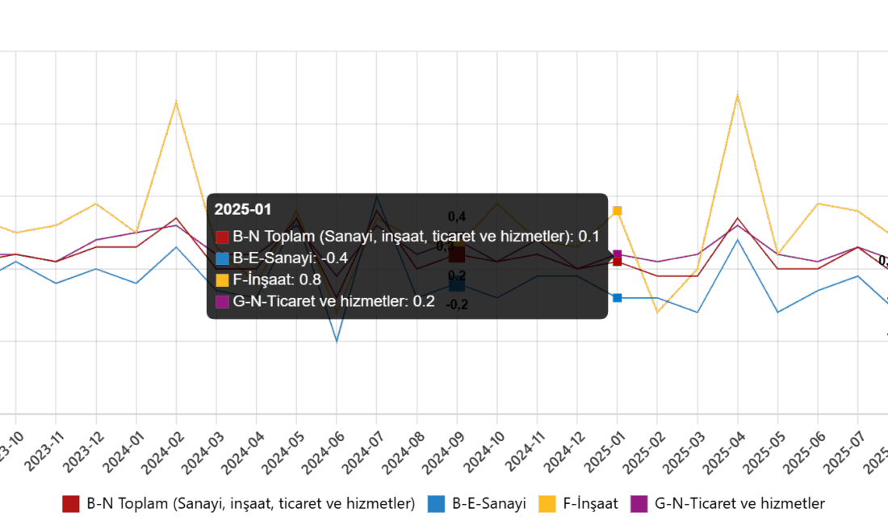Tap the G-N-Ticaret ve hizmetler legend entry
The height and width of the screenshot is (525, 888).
pyautogui.click(x=729, y=503)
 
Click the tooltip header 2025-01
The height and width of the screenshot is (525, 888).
pyautogui.click(x=243, y=209)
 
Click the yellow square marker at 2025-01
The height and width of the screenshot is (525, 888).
pyautogui.click(x=618, y=211)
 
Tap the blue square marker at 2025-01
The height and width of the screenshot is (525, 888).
pyautogui.click(x=618, y=298)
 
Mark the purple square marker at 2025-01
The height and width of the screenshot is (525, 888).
pyautogui.click(x=618, y=254)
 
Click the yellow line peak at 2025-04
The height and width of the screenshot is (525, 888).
pyautogui.click(x=737, y=95)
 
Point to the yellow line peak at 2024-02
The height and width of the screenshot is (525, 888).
pyautogui.click(x=176, y=103)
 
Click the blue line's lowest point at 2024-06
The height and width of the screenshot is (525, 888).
pyautogui.click(x=337, y=341)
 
